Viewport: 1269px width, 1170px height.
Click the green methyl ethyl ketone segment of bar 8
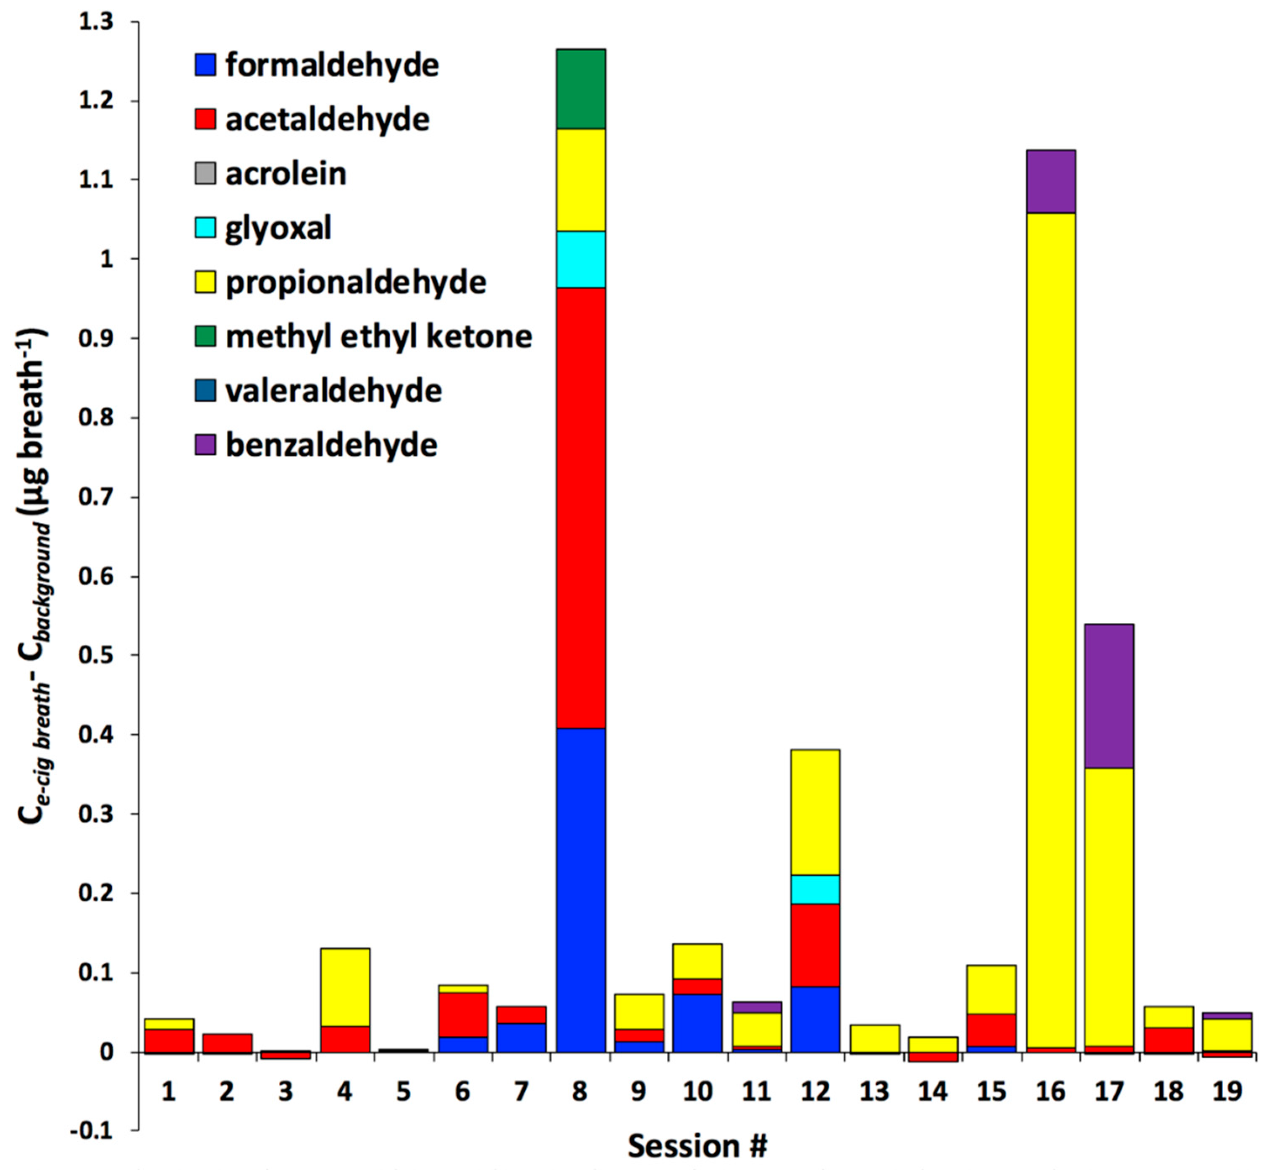(x=580, y=89)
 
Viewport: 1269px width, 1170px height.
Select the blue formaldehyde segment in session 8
(x=580, y=889)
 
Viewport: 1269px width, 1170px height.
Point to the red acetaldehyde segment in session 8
(x=580, y=508)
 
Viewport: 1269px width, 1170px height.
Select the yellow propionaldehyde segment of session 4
(x=345, y=987)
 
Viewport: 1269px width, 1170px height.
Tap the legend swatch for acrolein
(x=205, y=173)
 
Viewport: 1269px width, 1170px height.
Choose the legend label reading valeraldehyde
(x=333, y=391)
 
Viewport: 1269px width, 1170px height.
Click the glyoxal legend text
(x=278, y=228)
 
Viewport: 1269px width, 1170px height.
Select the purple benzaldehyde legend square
(x=205, y=444)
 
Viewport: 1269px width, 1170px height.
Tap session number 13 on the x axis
(x=873, y=1091)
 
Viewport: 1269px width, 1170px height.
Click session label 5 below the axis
(x=403, y=1091)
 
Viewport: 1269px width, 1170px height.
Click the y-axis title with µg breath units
(x=35, y=576)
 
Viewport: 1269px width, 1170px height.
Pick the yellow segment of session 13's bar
(x=874, y=1038)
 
